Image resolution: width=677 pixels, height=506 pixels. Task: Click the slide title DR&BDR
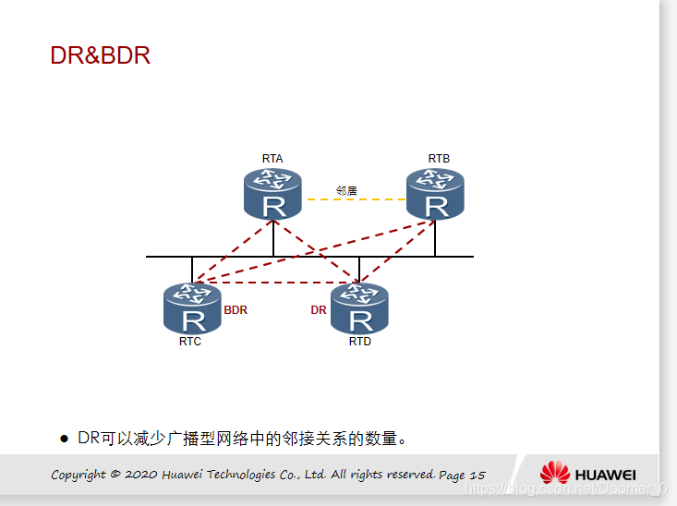pyautogui.click(x=100, y=55)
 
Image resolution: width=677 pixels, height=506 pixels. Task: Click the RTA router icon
pyautogui.click(x=272, y=194)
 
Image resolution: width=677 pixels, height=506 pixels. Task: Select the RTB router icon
pyautogui.click(x=435, y=194)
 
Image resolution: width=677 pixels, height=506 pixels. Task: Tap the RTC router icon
pyautogui.click(x=192, y=308)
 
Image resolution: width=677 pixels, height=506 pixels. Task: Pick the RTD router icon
pyautogui.click(x=359, y=308)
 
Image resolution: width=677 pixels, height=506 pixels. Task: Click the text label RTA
pyautogui.click(x=272, y=159)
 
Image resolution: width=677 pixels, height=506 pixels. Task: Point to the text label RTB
pyautogui.click(x=439, y=159)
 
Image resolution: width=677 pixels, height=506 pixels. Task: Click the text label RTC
pyautogui.click(x=190, y=342)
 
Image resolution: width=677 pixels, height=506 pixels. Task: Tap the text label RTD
pyautogui.click(x=360, y=342)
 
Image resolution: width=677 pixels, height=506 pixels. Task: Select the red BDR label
pyautogui.click(x=236, y=310)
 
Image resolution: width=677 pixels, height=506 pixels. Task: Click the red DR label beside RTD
pyautogui.click(x=319, y=310)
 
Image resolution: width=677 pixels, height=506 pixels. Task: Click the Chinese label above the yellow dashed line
pyautogui.click(x=346, y=190)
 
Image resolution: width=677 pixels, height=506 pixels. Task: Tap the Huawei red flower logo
pyautogui.click(x=555, y=473)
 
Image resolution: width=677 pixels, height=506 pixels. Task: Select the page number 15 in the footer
pyautogui.click(x=477, y=475)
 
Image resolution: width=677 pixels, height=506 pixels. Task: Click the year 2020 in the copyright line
pyautogui.click(x=141, y=475)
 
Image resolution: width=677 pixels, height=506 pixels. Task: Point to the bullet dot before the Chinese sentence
pyautogui.click(x=65, y=439)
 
